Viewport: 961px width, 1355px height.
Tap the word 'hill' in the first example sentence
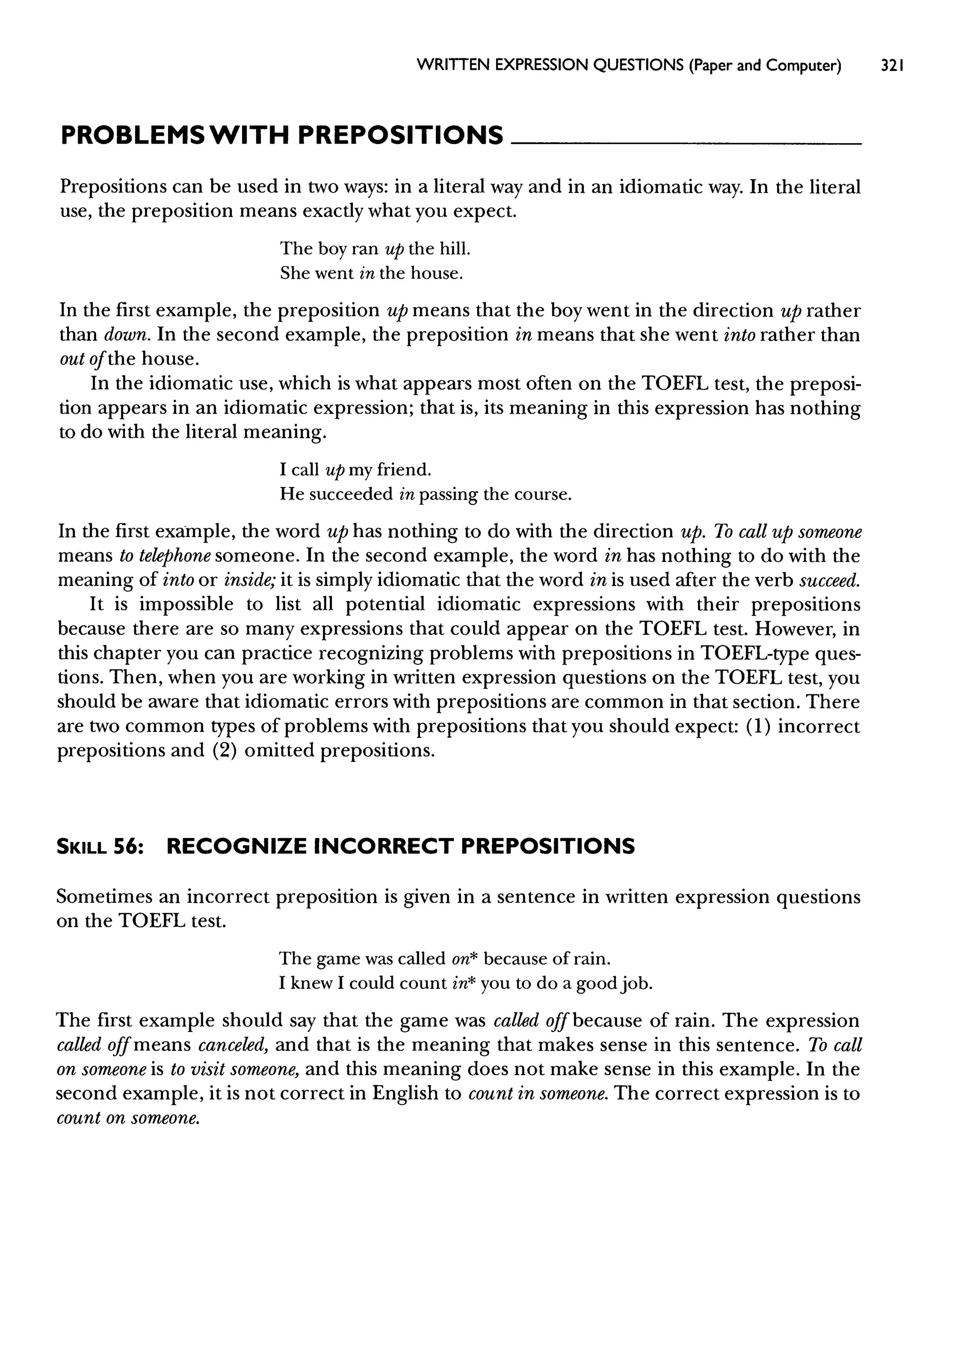tap(454, 249)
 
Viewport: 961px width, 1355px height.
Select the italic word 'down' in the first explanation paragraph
tap(127, 335)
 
